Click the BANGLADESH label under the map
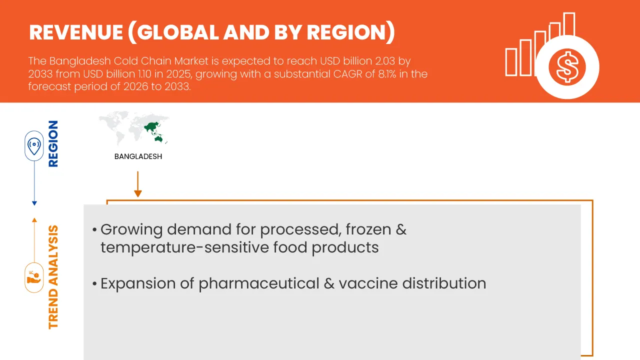point(138,156)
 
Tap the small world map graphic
point(134,127)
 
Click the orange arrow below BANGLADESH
point(138,184)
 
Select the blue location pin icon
point(34,146)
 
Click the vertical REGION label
point(53,143)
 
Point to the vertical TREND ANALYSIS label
point(53,277)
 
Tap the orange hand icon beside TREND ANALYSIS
point(34,277)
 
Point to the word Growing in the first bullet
point(131,230)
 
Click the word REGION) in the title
point(350,32)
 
